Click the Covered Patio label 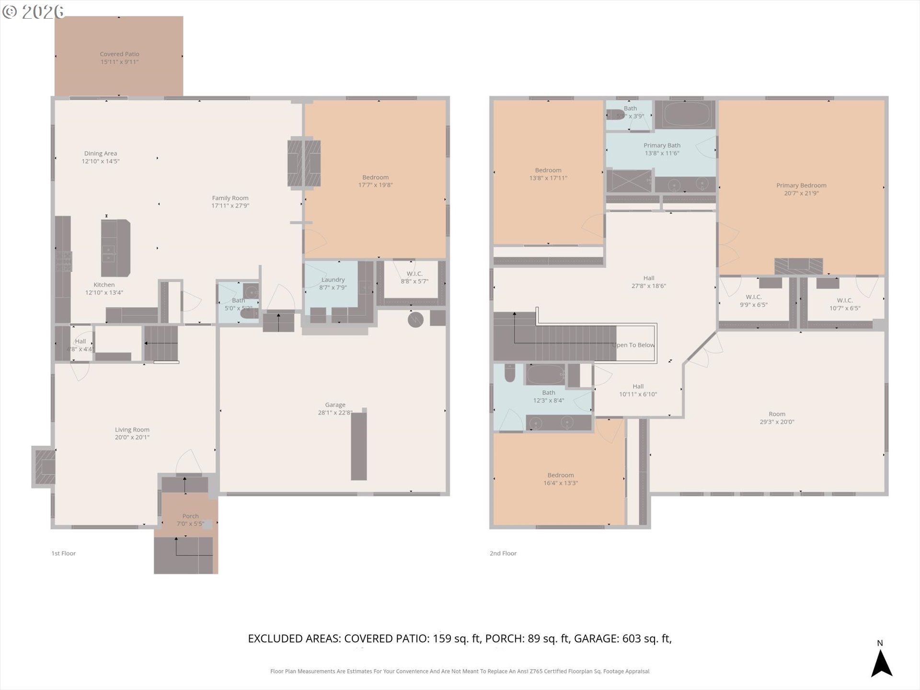click(119, 54)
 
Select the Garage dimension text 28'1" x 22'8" click(335, 413)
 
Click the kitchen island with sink click(115, 248)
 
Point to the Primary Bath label click(662, 145)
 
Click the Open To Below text click(633, 345)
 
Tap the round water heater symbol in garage click(415, 320)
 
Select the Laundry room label click(333, 280)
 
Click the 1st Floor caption click(63, 553)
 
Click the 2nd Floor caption click(503, 553)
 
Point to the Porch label click(190, 516)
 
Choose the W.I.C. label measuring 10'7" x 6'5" click(844, 300)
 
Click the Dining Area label click(100, 153)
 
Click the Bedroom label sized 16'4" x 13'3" click(560, 475)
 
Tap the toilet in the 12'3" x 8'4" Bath click(509, 373)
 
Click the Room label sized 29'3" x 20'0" click(777, 414)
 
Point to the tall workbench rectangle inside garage click(359, 446)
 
